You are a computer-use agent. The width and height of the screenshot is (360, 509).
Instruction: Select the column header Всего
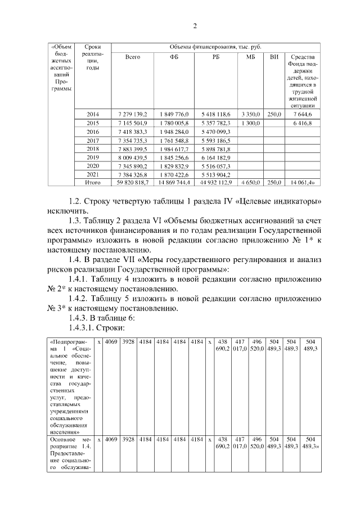pyautogui.click(x=133, y=57)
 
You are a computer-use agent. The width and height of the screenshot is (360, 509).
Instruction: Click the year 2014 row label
pyautogui.click(x=93, y=114)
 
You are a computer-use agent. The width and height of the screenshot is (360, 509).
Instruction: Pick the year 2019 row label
pyautogui.click(x=93, y=158)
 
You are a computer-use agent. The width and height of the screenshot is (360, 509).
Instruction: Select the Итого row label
pyautogui.click(x=93, y=182)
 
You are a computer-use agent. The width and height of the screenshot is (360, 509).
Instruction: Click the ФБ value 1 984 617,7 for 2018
pyautogui.click(x=173, y=149)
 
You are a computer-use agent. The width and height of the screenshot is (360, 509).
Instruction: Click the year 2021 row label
pyautogui.click(x=93, y=175)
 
